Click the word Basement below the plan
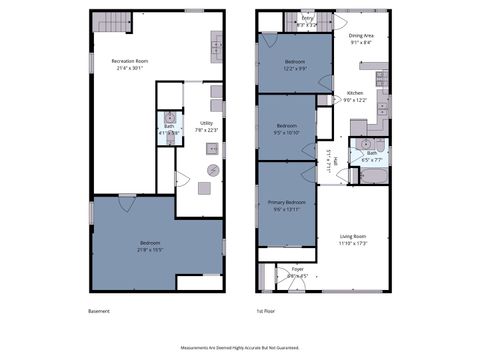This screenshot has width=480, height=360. click(x=98, y=311)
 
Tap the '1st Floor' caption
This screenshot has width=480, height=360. click(x=265, y=311)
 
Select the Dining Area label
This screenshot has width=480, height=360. click(x=361, y=37)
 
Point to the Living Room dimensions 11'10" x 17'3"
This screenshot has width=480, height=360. click(x=354, y=243)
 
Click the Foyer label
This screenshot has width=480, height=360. click(x=297, y=269)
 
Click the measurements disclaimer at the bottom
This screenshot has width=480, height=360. click(x=239, y=348)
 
